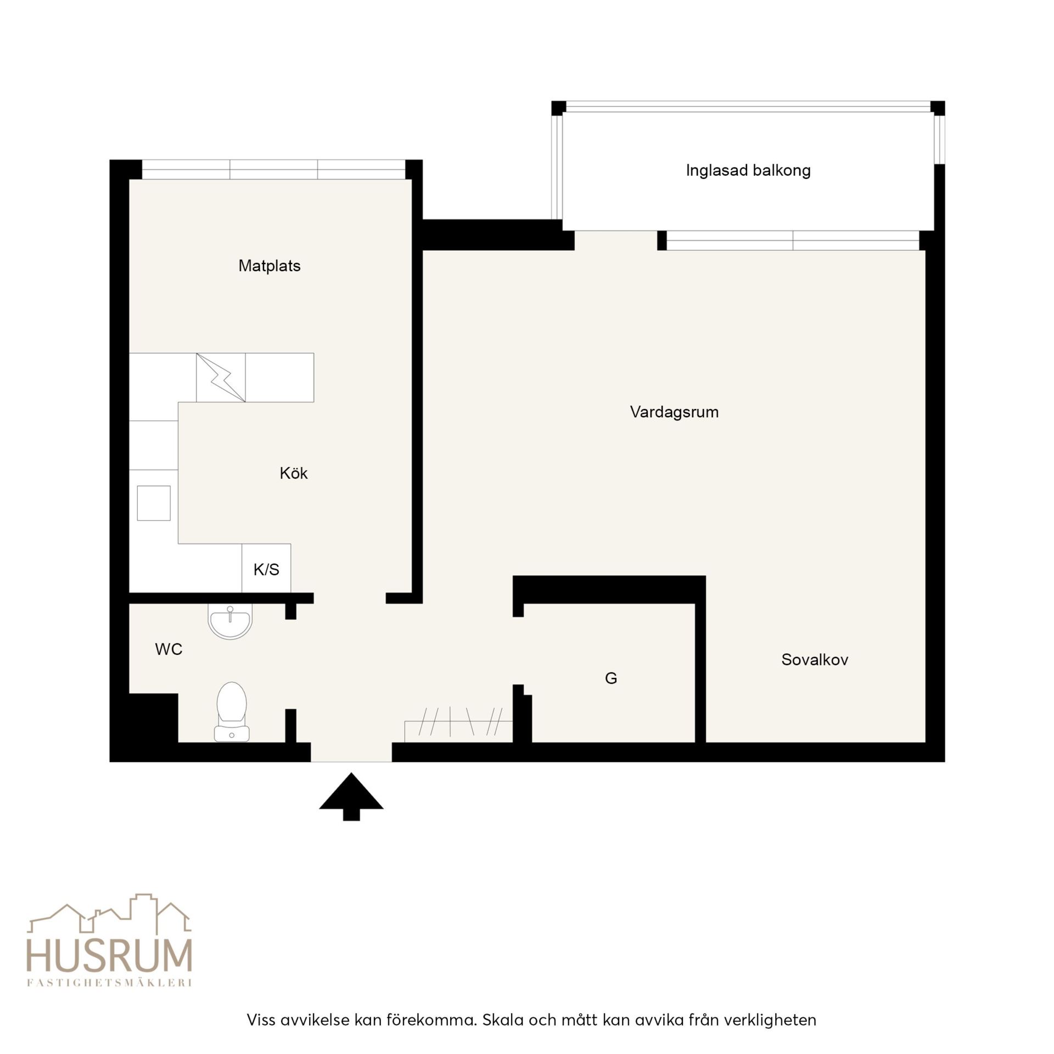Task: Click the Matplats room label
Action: coord(269,266)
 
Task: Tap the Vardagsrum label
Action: coord(674,412)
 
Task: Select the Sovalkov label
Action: coord(815,659)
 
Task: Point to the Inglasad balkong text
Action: coord(748,171)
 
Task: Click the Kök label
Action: coord(294,473)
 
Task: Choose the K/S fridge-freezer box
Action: coord(266,569)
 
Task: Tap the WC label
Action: coord(169,649)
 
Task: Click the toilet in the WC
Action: coord(232,711)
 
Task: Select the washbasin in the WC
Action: coord(230,621)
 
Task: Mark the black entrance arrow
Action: coord(351,796)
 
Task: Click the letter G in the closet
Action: coord(611,679)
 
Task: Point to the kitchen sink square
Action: coord(154,503)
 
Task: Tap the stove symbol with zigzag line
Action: coord(221,378)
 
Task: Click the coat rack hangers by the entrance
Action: coord(458,722)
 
